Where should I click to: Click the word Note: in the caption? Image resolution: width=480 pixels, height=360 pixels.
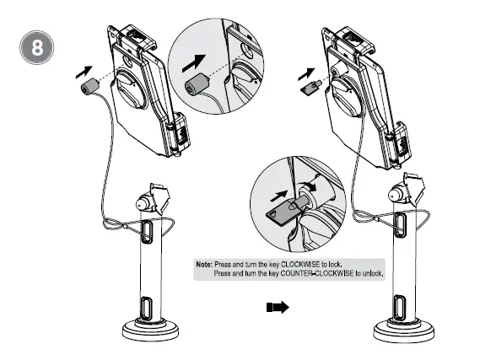203,264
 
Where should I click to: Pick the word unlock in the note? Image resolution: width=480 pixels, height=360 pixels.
371,274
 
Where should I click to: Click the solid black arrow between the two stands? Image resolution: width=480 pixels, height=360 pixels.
277,309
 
